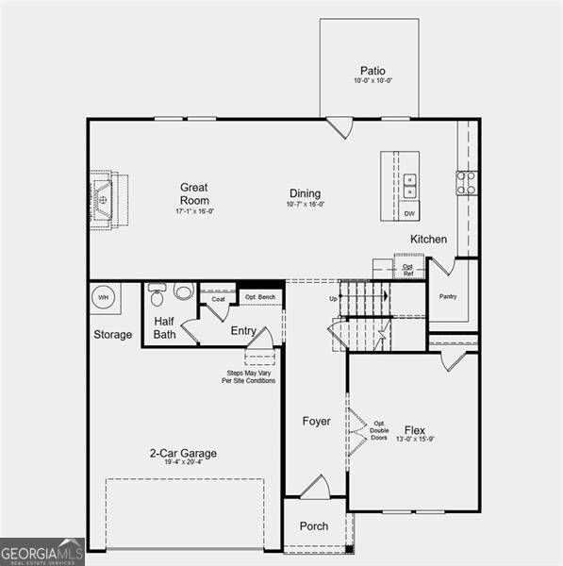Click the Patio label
point(373,71)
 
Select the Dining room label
point(305,193)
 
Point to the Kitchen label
point(428,239)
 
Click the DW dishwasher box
point(409,213)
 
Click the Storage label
point(112,335)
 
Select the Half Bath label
point(164,327)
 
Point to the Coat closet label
point(218,299)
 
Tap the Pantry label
point(447,295)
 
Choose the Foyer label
point(316,421)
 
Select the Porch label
point(314,525)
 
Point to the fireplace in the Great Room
point(104,200)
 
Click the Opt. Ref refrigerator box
point(408,269)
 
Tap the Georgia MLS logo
point(42,551)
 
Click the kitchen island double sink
point(409,185)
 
